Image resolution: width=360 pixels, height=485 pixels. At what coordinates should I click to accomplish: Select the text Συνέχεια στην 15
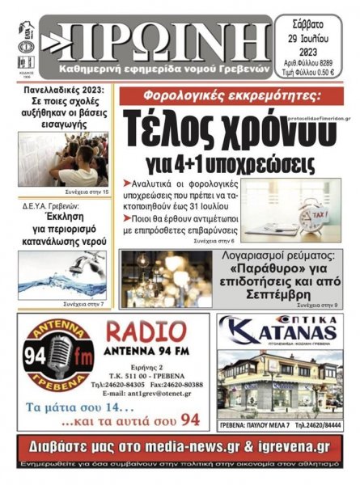click(87, 192)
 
